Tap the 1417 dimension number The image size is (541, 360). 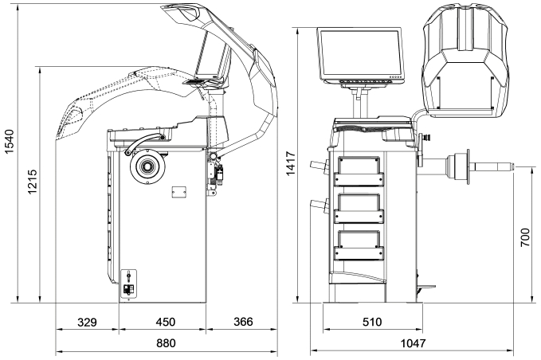[292, 162]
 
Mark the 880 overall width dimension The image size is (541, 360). [165, 343]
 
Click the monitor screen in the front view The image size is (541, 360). [362, 54]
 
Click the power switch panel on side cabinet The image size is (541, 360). [128, 284]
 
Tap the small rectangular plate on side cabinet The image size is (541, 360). [177, 191]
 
